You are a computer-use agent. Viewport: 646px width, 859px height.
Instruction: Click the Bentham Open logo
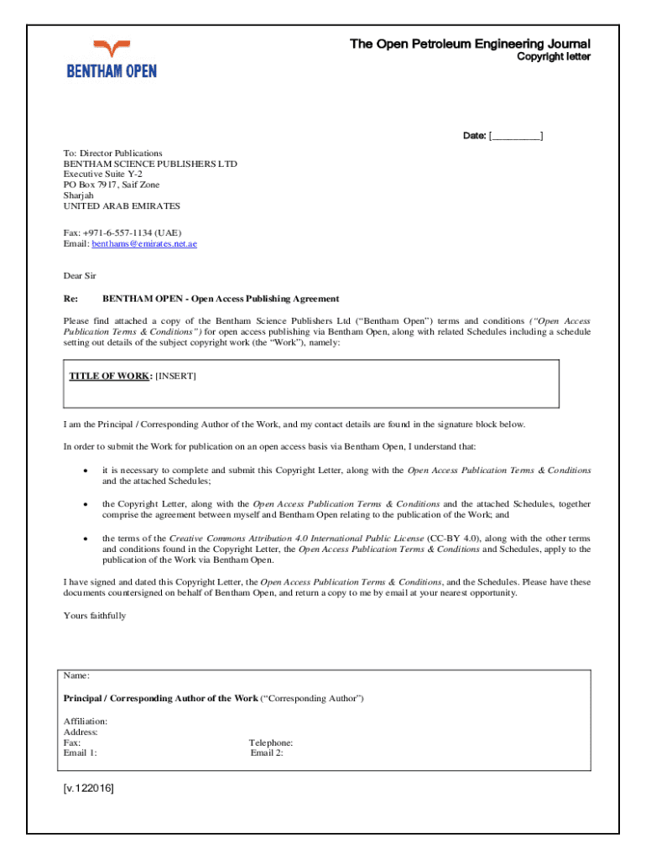[112, 59]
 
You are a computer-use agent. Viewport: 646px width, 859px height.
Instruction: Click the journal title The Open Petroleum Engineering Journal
[470, 44]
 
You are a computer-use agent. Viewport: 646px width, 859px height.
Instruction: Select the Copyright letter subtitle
[553, 57]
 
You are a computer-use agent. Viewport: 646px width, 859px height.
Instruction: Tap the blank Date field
[516, 136]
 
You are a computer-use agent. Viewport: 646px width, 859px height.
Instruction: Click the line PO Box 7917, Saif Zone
[112, 185]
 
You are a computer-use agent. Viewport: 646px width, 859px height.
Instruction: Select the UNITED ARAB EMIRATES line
[122, 206]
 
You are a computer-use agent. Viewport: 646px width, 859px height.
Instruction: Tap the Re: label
[70, 299]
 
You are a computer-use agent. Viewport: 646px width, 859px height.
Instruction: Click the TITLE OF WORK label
[109, 376]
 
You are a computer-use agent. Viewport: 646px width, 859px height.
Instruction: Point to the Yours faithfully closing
[95, 616]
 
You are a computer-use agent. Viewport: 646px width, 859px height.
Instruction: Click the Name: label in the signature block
[77, 675]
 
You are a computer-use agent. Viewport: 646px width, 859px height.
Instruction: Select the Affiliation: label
[86, 721]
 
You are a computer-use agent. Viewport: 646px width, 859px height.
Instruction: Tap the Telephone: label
[271, 743]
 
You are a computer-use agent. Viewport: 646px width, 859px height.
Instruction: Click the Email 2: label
[267, 753]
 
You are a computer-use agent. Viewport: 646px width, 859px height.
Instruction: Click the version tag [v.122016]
[89, 789]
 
